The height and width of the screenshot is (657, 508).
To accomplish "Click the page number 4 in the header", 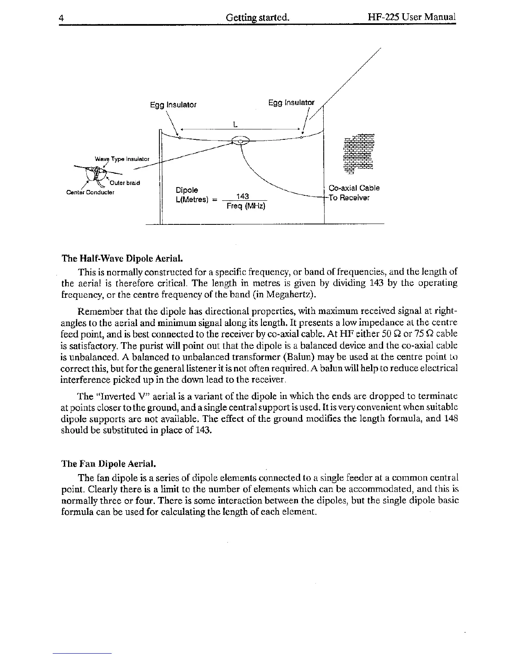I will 61,18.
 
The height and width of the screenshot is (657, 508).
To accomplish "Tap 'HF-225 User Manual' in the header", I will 412,17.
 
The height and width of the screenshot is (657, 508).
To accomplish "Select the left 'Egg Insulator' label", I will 173,105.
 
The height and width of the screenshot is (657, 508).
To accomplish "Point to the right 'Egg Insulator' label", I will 291,102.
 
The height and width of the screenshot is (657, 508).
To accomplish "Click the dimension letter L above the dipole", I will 235,124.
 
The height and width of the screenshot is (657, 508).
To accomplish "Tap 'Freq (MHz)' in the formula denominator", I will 246,206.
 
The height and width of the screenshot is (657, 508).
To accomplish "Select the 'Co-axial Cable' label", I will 354,188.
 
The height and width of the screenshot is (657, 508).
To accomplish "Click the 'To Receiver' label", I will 349,197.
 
